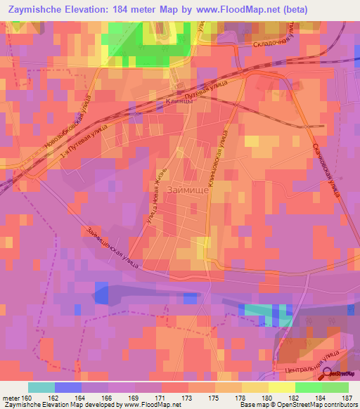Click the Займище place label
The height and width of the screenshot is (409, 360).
[x=185, y=190]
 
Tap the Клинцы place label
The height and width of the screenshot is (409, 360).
[x=181, y=100]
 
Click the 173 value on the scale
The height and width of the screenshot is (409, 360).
[x=188, y=397]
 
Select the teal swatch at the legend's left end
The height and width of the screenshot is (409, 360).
[x=41, y=387]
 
